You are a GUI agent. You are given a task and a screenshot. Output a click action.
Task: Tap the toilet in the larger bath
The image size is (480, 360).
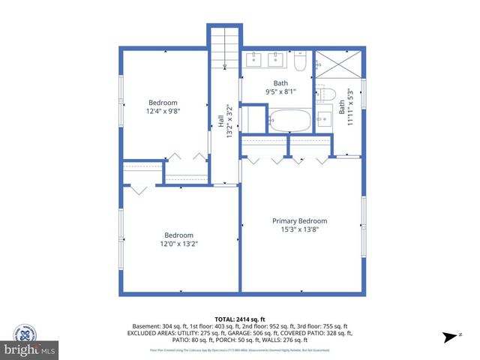click(300, 61)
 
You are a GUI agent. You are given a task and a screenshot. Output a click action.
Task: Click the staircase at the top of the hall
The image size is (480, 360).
click(225, 47)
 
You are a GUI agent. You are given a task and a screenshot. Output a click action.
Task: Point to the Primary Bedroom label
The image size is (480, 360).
click(299, 220)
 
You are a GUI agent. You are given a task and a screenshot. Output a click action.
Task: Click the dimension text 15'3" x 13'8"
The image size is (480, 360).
click(299, 229)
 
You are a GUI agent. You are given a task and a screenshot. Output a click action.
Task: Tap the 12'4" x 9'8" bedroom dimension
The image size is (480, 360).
click(163, 111)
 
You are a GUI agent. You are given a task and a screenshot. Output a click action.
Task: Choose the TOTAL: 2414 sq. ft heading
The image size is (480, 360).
click(240, 319)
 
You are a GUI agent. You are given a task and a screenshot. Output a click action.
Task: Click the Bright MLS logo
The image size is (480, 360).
click(30, 349)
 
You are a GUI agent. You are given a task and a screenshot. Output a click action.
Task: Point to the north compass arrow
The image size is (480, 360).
click(449, 337)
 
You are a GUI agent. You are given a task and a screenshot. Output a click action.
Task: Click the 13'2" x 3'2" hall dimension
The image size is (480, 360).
click(229, 119)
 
